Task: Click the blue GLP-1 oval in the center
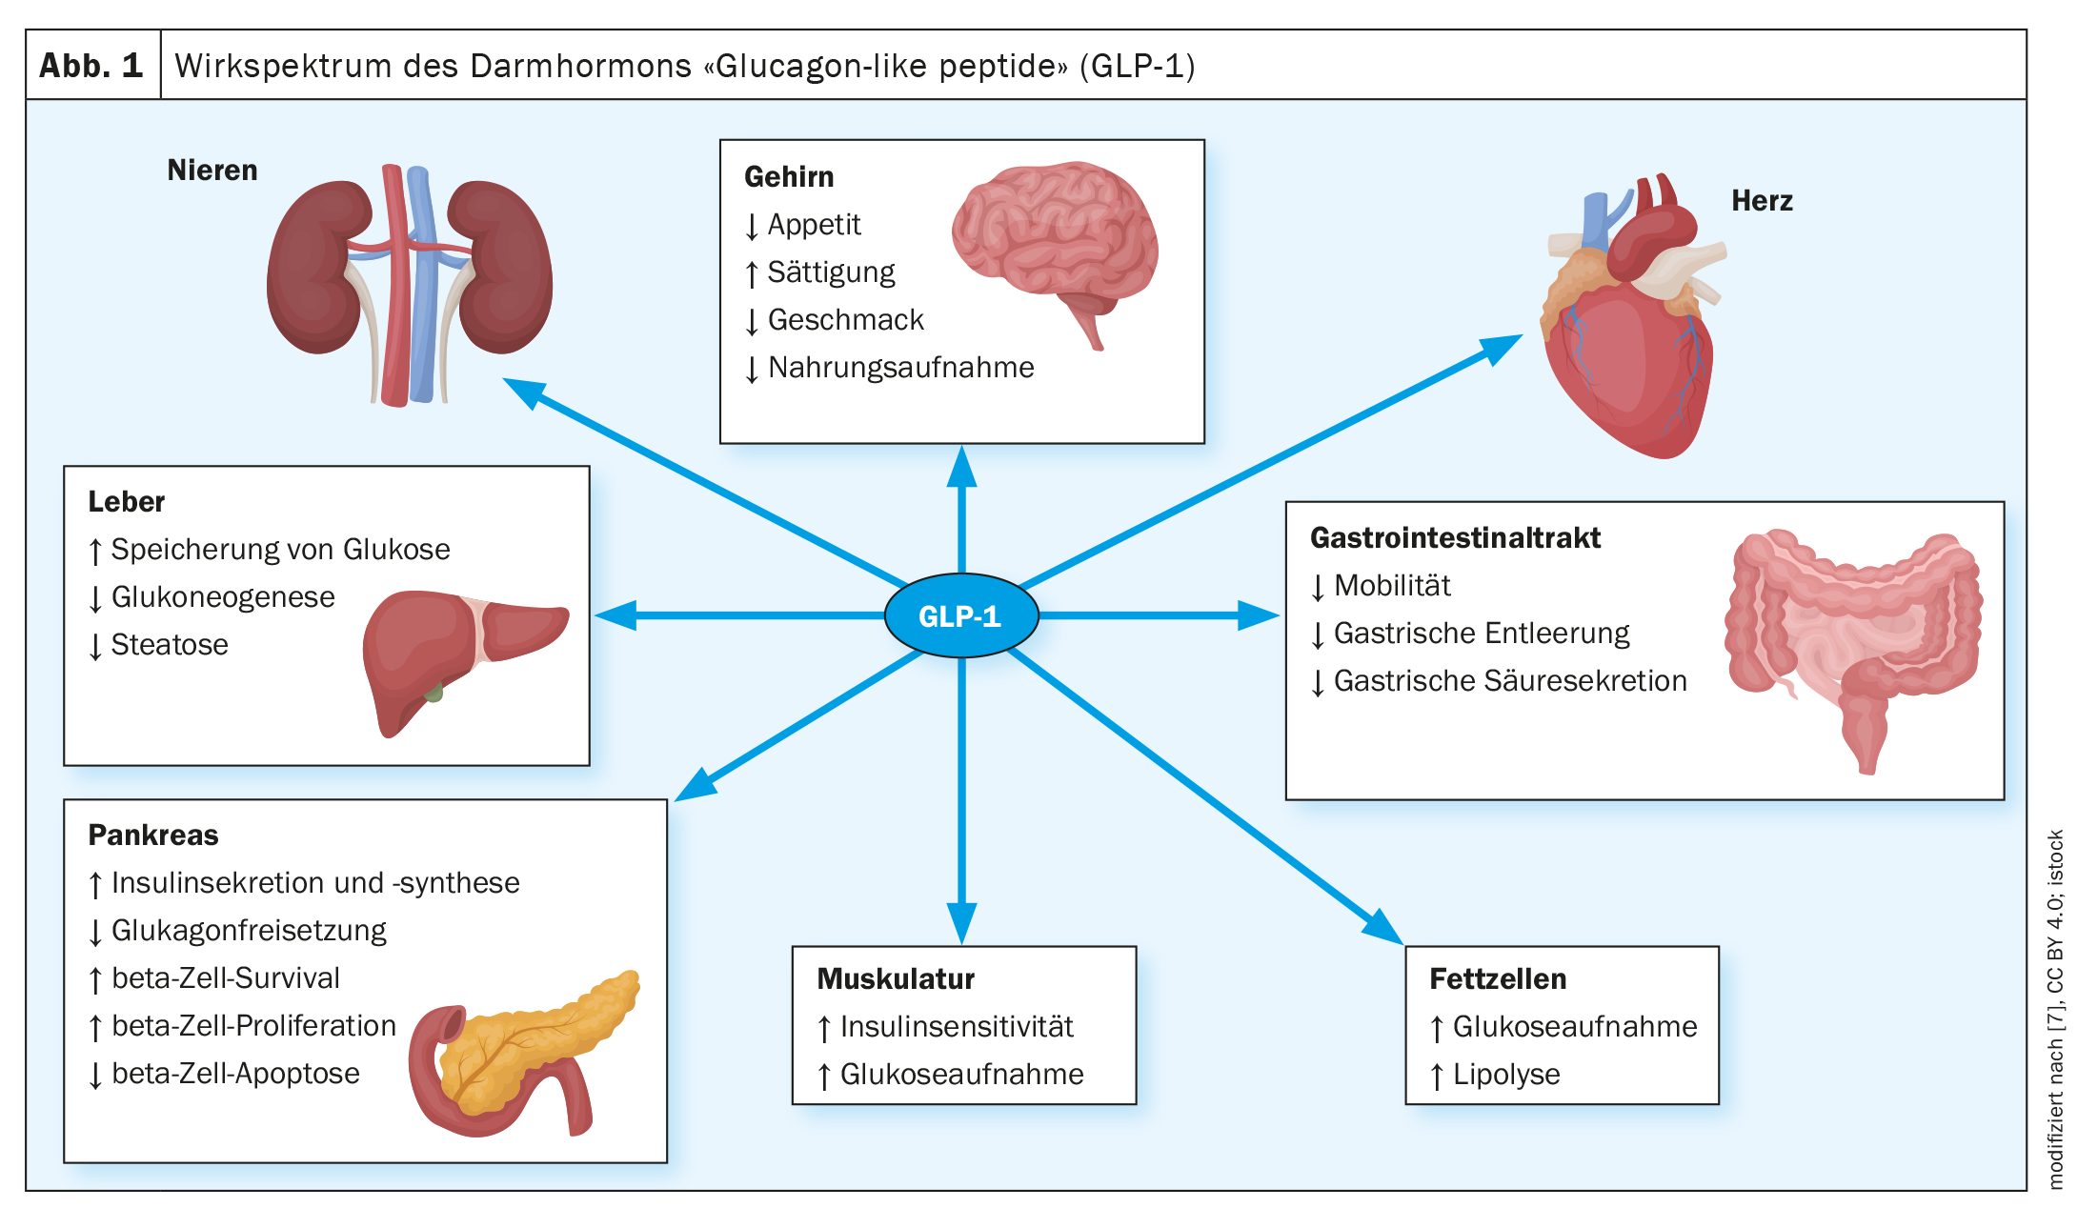point(960,615)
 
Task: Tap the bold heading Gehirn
point(788,177)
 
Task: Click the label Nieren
point(212,171)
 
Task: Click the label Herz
point(1761,201)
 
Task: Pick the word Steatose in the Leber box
point(170,645)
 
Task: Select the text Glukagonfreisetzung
point(249,931)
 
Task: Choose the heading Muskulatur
point(895,979)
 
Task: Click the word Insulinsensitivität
point(956,1027)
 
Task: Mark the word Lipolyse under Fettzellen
point(1505,1075)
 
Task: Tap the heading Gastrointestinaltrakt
point(1454,538)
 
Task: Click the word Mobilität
point(1391,586)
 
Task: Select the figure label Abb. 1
point(91,66)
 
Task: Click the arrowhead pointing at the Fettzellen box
point(1382,927)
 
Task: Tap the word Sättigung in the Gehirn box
point(831,272)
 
